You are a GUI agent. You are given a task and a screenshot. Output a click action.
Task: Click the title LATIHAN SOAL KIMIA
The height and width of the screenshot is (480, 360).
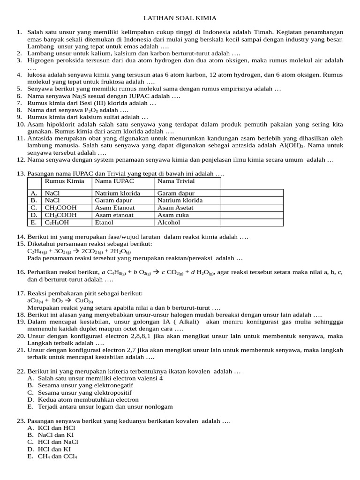tap(180, 18)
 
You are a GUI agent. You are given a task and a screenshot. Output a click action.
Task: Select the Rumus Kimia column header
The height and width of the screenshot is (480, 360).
tap(64, 181)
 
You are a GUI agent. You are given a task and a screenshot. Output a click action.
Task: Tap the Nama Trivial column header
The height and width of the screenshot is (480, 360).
tap(176, 181)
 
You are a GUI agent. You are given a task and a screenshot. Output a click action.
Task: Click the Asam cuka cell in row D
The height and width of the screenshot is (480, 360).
tap(173, 215)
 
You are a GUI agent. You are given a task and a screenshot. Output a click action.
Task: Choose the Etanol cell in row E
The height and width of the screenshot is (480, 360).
tap(104, 223)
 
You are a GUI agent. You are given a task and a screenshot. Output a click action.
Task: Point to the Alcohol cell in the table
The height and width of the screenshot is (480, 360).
tap(169, 223)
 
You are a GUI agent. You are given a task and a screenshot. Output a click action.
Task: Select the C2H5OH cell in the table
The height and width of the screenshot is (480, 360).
tap(57, 223)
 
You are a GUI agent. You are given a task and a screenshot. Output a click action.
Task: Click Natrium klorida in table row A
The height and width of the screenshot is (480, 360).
tap(117, 193)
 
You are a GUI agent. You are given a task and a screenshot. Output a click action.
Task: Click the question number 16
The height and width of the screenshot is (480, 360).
tap(21, 272)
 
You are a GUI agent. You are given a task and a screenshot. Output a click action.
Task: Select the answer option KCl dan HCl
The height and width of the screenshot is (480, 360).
tap(56, 428)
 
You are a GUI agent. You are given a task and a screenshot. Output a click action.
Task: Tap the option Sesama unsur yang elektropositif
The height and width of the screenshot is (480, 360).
tap(85, 393)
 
